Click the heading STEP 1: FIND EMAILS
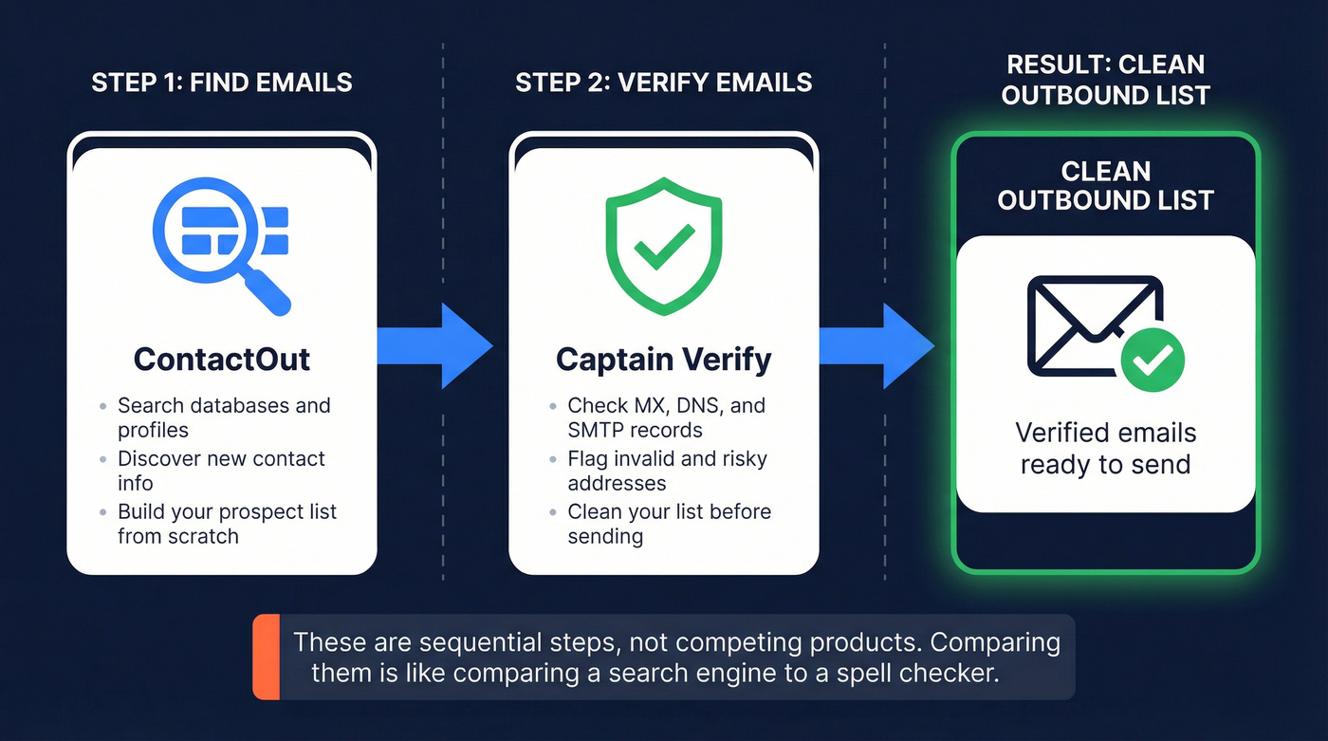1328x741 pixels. click(x=221, y=83)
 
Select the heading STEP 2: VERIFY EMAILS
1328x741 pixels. click(x=663, y=83)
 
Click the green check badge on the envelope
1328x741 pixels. click(x=1153, y=360)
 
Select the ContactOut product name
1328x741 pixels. click(x=221, y=360)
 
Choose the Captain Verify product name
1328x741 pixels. click(x=663, y=360)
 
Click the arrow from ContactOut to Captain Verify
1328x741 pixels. click(x=434, y=346)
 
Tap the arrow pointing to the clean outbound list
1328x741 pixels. click(x=876, y=346)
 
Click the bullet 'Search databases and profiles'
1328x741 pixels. click(x=223, y=417)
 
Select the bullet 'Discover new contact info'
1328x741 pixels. click(x=221, y=471)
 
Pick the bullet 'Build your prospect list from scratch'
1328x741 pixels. click(x=227, y=524)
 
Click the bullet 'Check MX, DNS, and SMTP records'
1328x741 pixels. click(x=666, y=417)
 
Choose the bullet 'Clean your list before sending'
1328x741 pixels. click(x=669, y=524)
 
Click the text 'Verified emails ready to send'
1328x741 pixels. click(x=1105, y=448)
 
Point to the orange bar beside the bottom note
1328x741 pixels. click(x=267, y=657)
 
